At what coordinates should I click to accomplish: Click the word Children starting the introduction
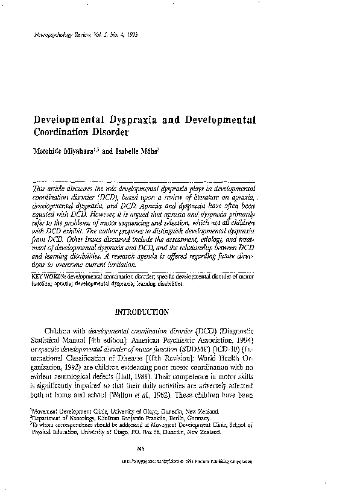(x=61, y=330)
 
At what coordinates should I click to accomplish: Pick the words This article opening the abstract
(x=49, y=189)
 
